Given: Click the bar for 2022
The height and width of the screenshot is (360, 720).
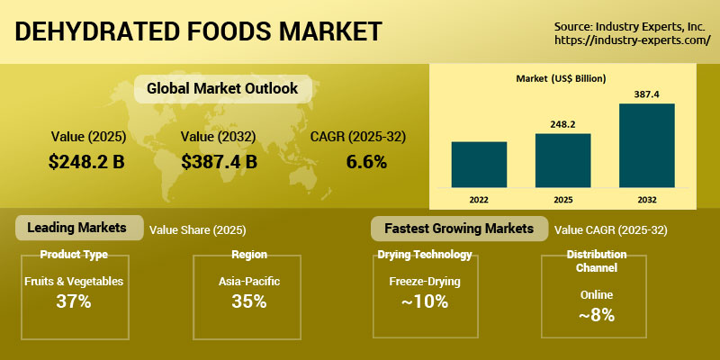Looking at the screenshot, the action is point(479,165).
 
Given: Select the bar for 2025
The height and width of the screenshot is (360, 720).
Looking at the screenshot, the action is point(563,160).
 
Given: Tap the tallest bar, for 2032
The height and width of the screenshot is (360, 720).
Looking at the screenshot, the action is point(647,145).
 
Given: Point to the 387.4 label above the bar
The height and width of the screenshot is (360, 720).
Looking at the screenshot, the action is point(646,94).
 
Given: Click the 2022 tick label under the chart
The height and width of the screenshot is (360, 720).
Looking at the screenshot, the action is point(479,200).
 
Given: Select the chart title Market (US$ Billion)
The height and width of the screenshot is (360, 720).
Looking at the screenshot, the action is point(561,78).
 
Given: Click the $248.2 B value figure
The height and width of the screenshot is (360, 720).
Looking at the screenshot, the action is point(86,162).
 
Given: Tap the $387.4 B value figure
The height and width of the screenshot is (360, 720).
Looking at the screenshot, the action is point(219,162).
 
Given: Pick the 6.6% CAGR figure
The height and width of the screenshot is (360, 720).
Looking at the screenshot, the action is point(366,162).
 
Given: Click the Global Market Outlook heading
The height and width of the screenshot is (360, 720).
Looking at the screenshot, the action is point(222,88).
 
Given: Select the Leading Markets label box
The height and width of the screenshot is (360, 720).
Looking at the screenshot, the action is point(79,228).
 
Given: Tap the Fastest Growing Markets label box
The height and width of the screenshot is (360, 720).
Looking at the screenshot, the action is point(459,229).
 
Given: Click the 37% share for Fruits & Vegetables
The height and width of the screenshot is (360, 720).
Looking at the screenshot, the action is point(74,301).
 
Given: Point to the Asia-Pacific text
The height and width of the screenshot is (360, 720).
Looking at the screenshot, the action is point(249,281).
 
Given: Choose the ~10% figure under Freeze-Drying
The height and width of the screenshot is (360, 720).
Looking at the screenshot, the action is point(424,301).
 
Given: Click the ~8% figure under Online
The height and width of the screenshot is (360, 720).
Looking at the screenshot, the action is point(596,315).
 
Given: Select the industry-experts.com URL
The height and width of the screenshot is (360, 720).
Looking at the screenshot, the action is point(633,40).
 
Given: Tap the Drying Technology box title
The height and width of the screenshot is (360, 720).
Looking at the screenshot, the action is point(425,255).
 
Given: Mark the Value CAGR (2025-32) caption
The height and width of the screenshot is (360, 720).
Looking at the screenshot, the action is point(611,230).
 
